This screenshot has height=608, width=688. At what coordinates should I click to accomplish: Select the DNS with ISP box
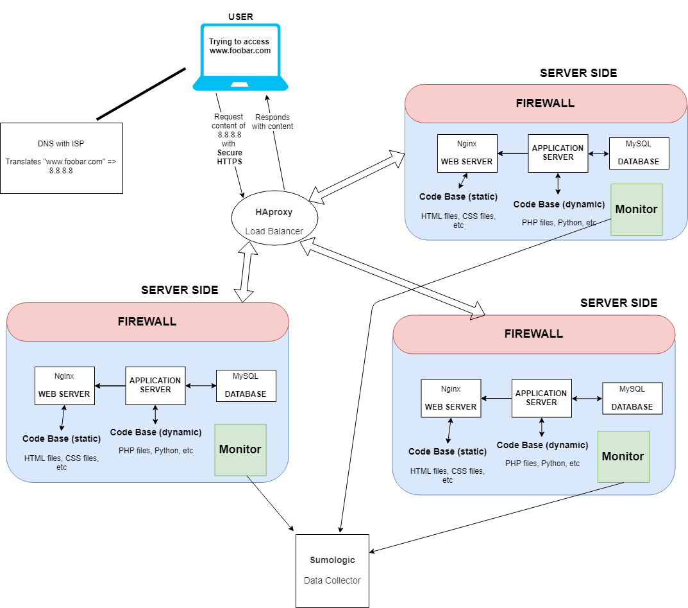[x=61, y=157]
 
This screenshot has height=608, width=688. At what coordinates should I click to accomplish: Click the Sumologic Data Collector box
[x=332, y=570]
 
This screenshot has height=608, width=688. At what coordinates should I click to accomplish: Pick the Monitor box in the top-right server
[x=636, y=209]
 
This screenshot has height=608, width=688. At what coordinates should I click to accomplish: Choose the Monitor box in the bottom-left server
[x=240, y=449]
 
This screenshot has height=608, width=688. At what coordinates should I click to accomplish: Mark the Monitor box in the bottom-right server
[x=623, y=456]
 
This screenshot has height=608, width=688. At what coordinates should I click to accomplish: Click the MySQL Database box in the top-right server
[x=639, y=153]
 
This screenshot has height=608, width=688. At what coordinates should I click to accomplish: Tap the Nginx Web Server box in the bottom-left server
[x=64, y=385]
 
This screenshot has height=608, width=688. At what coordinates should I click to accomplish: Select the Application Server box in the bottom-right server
[x=541, y=398]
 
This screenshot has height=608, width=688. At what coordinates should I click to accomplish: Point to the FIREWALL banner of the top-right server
[x=545, y=103]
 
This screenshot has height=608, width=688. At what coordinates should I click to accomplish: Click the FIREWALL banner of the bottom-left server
[x=147, y=322]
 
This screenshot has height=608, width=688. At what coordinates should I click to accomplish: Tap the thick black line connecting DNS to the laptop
[x=141, y=94]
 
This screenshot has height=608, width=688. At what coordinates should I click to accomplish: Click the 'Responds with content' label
[x=273, y=122]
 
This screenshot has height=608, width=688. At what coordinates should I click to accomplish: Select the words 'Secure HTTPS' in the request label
[x=230, y=157]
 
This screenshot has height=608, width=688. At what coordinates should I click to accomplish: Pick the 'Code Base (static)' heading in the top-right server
[x=458, y=196]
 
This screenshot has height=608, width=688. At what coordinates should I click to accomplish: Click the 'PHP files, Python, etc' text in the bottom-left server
[x=155, y=451]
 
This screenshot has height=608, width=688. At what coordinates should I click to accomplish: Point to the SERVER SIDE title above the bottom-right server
[x=618, y=303]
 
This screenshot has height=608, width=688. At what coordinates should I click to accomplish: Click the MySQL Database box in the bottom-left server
[x=246, y=385]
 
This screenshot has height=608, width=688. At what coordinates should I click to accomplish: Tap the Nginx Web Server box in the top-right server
[x=467, y=153]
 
